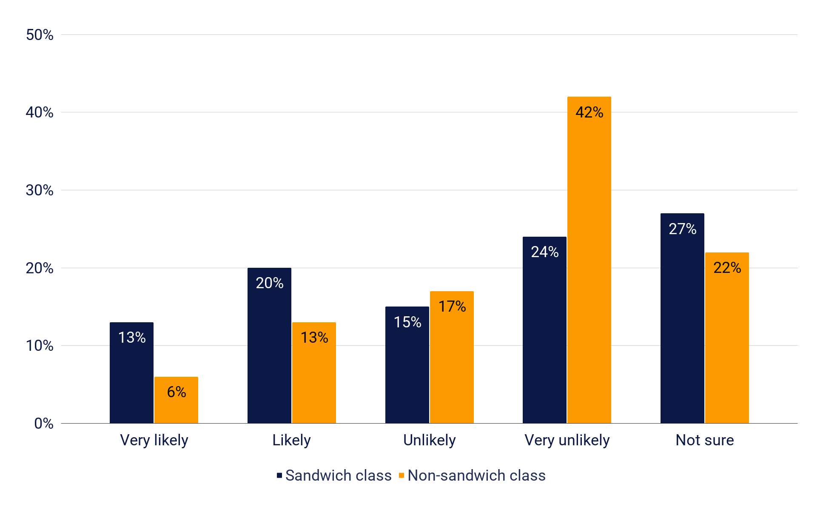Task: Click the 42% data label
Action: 589,112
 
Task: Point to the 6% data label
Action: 176,392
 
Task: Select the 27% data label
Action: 682,229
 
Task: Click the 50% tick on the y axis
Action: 40,35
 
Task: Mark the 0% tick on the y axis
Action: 43,424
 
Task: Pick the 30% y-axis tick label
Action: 40,190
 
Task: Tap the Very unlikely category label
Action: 567,440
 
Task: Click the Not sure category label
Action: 705,440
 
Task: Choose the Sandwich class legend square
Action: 279,476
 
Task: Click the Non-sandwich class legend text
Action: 476,476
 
